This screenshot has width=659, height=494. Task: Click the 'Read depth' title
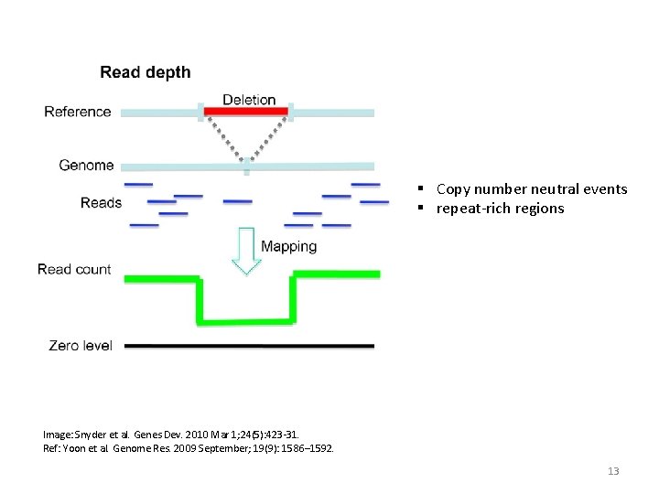(146, 72)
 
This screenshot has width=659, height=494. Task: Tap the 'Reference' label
(78, 112)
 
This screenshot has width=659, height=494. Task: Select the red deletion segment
(245, 112)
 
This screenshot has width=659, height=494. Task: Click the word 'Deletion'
(249, 99)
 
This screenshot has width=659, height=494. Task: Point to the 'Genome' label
(86, 166)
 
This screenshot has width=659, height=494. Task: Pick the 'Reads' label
(101, 202)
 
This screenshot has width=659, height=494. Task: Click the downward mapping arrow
(245, 250)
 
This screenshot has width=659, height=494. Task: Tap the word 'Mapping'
(288, 246)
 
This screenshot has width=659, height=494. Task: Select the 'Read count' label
(74, 269)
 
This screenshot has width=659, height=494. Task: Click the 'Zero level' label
(81, 346)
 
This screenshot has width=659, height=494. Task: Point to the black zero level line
(248, 346)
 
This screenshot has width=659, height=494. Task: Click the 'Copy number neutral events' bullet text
(532, 189)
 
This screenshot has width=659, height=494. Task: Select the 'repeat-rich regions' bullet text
(500, 209)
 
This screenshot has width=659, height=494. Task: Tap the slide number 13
(613, 471)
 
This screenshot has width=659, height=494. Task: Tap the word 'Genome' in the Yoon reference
(135, 448)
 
